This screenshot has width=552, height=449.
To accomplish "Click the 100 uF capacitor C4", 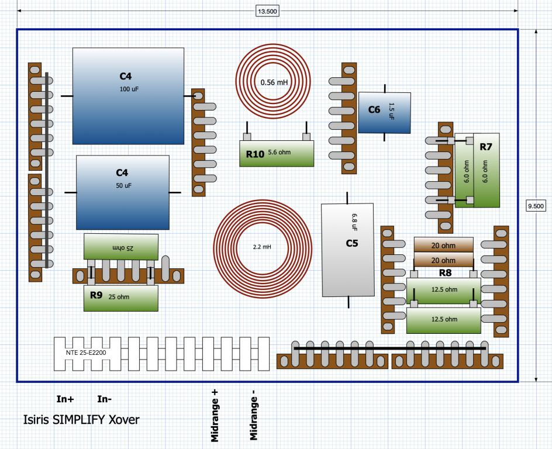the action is [128, 96].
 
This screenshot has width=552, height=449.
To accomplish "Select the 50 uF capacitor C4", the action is [123, 192].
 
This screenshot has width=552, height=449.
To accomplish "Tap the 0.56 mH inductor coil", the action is [273, 82].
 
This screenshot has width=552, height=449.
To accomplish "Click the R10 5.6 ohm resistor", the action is [277, 153].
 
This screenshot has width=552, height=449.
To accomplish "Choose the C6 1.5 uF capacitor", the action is [384, 113].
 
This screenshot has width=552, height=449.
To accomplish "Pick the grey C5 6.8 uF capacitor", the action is [348, 250].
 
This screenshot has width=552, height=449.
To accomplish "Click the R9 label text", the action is [96, 295].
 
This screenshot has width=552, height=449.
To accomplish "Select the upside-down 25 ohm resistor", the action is [120, 247].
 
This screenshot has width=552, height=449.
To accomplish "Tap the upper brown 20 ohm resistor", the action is [444, 245].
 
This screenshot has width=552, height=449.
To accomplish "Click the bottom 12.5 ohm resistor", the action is [444, 320].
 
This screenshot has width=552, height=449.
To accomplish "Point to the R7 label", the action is [486, 147].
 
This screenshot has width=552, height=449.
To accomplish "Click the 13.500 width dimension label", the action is [267, 11].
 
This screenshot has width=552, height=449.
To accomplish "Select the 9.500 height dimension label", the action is [536, 206].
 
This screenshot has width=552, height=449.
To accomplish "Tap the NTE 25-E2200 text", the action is [86, 353].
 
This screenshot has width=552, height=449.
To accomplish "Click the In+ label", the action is [65, 399].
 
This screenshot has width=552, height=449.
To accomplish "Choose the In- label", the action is [104, 399].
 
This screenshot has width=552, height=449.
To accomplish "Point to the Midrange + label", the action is [215, 416].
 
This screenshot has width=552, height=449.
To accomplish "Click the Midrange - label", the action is [253, 415].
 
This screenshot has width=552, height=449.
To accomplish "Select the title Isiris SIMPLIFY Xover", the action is [81, 419].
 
